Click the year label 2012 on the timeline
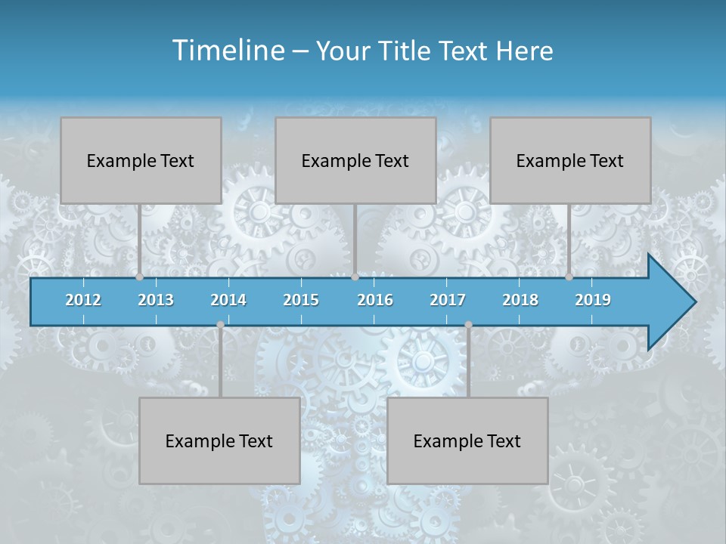[x=83, y=300]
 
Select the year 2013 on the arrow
[x=156, y=300]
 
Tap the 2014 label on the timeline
[x=228, y=300]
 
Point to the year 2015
[x=301, y=300]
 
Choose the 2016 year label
[x=375, y=300]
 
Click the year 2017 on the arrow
[x=448, y=300]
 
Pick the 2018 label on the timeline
[x=520, y=300]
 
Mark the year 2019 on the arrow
[x=593, y=300]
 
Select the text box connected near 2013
[x=141, y=160]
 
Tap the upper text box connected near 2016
[x=355, y=160]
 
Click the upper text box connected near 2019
[x=570, y=160]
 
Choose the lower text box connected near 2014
[x=219, y=440]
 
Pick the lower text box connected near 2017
[x=467, y=440]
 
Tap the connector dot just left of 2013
[x=140, y=277]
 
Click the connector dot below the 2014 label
[x=220, y=325]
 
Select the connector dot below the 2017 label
[x=468, y=325]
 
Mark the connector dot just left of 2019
[x=569, y=277]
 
